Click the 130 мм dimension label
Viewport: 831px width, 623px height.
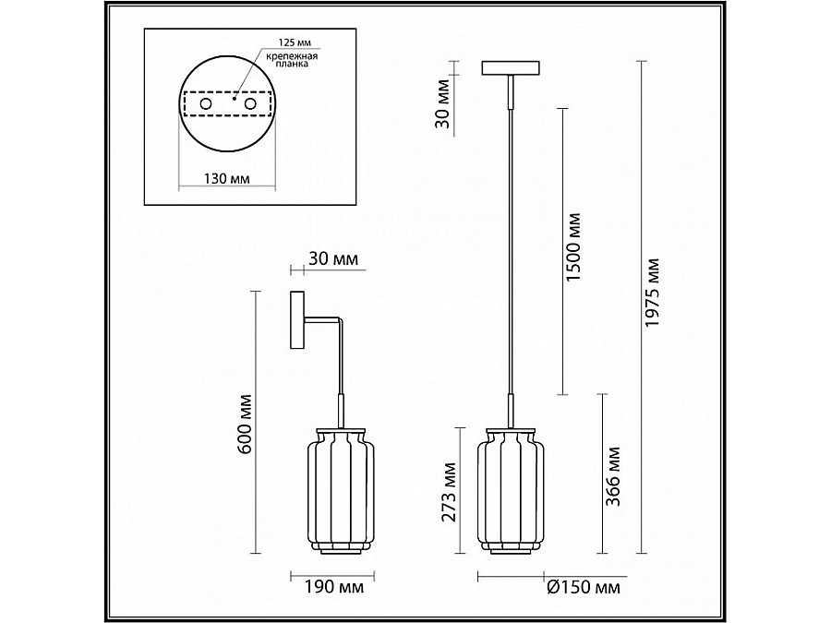[227, 178]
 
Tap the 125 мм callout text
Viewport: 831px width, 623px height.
[295, 42]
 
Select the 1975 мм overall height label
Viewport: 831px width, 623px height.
[653, 292]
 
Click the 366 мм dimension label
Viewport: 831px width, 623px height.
[612, 476]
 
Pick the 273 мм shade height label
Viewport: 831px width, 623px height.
[450, 492]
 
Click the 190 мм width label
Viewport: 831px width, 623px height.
[334, 587]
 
